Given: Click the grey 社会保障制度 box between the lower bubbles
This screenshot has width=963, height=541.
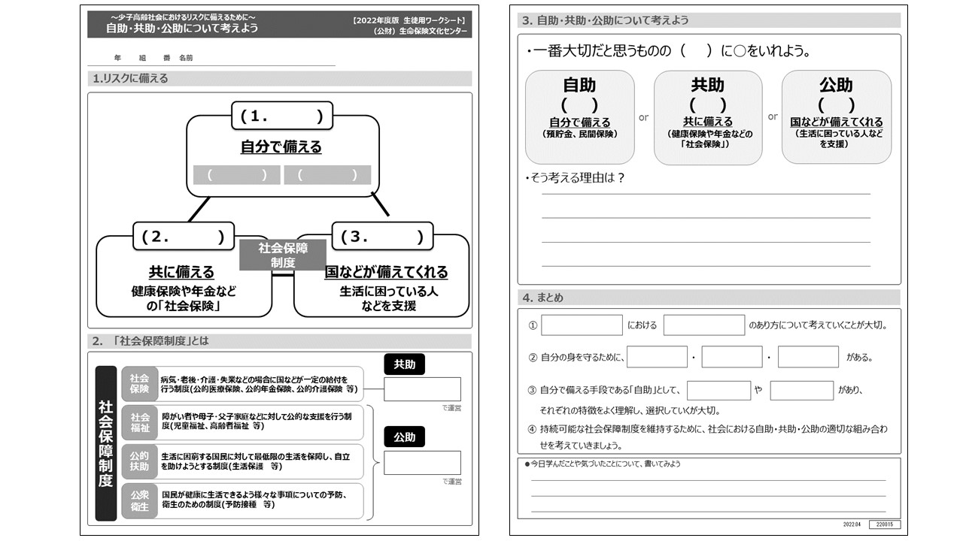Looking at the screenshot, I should tap(283, 255).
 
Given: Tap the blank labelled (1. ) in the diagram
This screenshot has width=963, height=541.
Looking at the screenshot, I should tap(282, 116).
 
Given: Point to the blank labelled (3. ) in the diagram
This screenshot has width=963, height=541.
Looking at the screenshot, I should tap(382, 237).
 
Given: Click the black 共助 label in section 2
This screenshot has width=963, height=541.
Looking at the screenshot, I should tap(405, 365).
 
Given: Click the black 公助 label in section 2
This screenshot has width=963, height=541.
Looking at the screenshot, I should tap(405, 437).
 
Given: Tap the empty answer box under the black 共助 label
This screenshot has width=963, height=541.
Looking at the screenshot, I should tap(422, 389).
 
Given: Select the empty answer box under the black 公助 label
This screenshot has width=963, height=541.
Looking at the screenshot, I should tap(422, 462).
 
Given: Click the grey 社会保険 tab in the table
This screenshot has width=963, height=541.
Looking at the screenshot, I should tap(140, 383).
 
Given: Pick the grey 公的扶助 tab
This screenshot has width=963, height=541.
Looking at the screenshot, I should tap(140, 461).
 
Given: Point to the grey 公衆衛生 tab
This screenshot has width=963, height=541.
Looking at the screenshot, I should tap(140, 500).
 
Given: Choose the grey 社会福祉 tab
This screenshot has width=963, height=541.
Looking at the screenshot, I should tap(140, 422).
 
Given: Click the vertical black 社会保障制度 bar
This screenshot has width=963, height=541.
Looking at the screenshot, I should tap(106, 443).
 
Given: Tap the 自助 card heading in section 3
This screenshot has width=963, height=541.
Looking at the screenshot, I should tap(579, 85).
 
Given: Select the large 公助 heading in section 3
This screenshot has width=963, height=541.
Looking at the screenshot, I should tap(836, 85).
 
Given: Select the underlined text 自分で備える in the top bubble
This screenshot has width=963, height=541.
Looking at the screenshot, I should tap(281, 147).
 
